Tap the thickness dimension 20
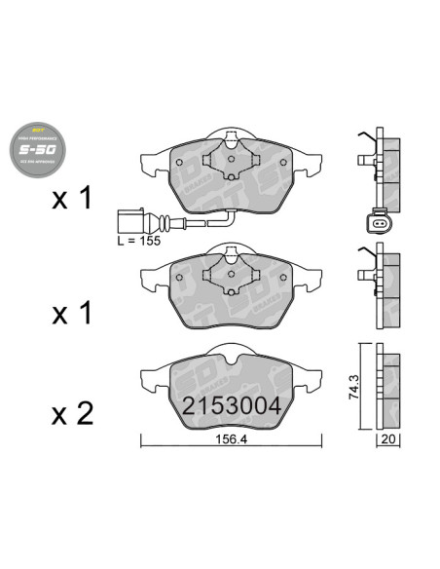tap(386, 440)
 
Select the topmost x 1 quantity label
tap(71, 200)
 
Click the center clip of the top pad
tap(230, 151)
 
